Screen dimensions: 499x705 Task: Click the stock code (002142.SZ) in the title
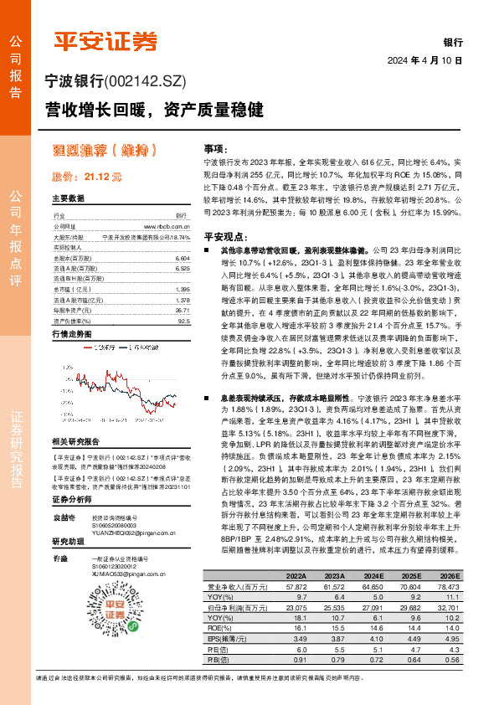pos(150,82)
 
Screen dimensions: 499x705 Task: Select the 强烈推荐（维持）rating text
pos(106,152)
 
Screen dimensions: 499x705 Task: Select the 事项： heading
pos(217,147)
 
